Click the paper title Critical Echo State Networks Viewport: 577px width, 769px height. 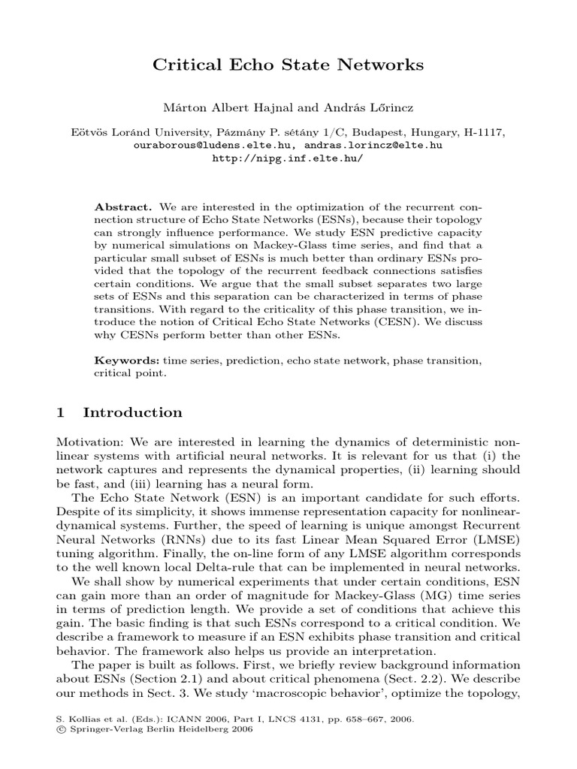[x=288, y=65]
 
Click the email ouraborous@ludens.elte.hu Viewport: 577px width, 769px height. [x=207, y=145]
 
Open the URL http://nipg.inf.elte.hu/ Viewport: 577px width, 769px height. [x=288, y=158]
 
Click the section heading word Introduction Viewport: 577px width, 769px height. [x=132, y=412]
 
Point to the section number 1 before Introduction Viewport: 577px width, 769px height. [x=62, y=412]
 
